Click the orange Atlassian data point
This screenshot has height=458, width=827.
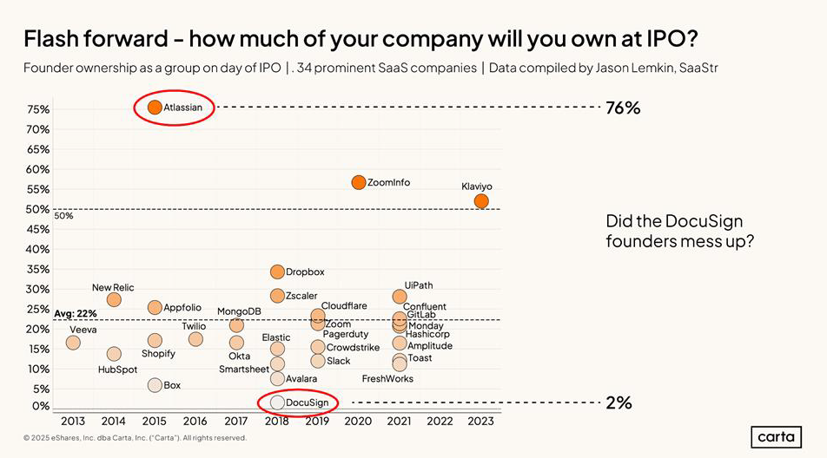(x=155, y=108)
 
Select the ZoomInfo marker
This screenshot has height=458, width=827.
(x=359, y=182)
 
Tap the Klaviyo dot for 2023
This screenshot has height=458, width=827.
(x=481, y=201)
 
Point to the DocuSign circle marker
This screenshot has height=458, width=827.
(x=277, y=402)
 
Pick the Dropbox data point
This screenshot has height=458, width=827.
(x=277, y=272)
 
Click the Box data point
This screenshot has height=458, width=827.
(x=155, y=385)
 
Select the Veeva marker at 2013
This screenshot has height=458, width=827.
(x=73, y=343)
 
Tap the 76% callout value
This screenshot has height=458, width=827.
(x=623, y=108)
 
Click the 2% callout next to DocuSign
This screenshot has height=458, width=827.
(x=619, y=402)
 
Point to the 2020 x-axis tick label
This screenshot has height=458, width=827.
(x=359, y=421)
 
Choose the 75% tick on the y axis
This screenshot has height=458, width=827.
(x=38, y=109)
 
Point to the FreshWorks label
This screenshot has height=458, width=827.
(x=387, y=379)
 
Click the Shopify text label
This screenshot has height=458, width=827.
(x=158, y=354)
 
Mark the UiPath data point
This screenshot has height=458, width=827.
(x=400, y=297)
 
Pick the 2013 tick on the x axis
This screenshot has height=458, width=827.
(x=73, y=421)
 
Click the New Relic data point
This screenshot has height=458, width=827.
(x=114, y=300)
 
